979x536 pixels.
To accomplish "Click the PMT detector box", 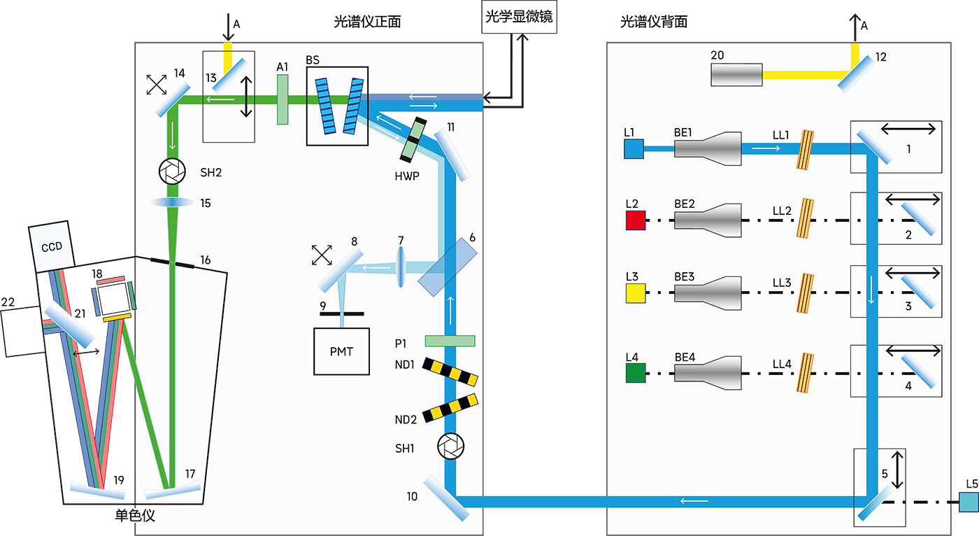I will (x=341, y=351).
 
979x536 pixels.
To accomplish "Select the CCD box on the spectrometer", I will (x=52, y=247).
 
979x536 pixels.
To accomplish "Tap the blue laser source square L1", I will (x=634, y=149).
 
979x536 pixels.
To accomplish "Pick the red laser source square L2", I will (x=635, y=220).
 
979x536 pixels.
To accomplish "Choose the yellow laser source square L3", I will (x=635, y=292).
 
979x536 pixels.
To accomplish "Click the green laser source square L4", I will (x=635, y=372).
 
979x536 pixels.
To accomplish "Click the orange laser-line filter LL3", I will (x=806, y=292).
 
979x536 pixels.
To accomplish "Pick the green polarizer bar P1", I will (x=450, y=341).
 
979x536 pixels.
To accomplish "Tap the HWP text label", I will (x=406, y=176).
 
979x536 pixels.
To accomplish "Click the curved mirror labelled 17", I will (x=171, y=490).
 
